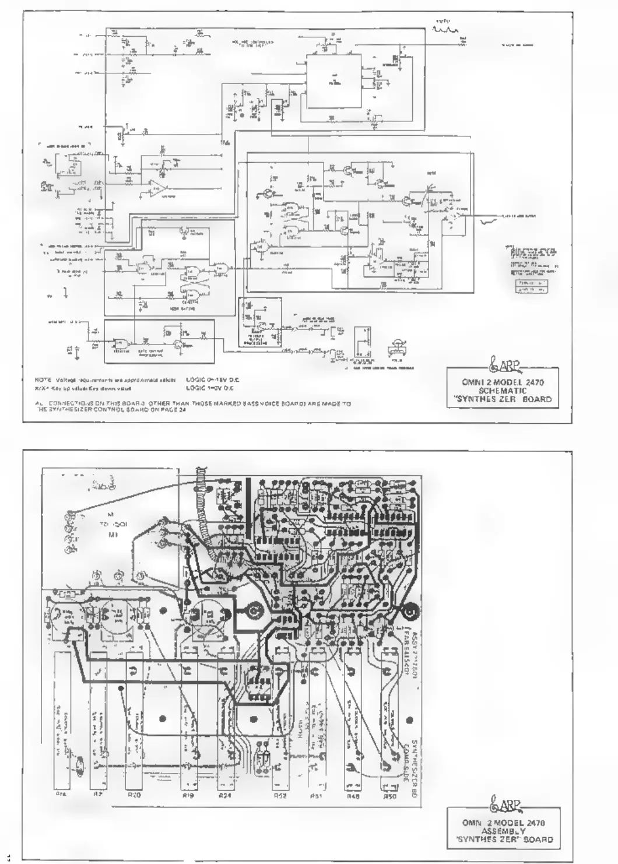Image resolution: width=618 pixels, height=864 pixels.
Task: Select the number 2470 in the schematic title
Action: tap(533, 383)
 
